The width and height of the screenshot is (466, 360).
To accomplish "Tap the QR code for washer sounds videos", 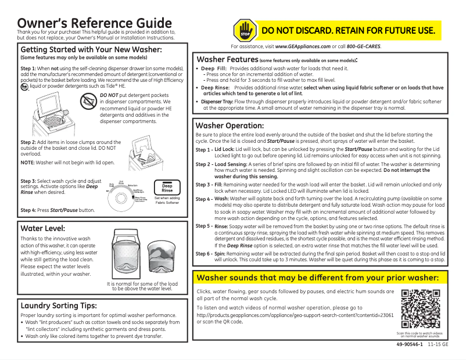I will click(x=419, y=308).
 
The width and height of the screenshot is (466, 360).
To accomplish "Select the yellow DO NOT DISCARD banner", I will click(x=349, y=30).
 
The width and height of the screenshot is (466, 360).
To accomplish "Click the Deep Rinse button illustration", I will click(x=167, y=186).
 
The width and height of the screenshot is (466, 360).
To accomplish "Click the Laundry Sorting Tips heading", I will click(x=58, y=305).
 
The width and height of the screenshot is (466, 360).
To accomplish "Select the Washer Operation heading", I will click(x=230, y=125).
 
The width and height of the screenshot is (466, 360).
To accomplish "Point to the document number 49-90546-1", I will click(x=408, y=345).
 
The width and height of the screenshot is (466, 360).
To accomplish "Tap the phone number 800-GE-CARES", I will click(x=364, y=46).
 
